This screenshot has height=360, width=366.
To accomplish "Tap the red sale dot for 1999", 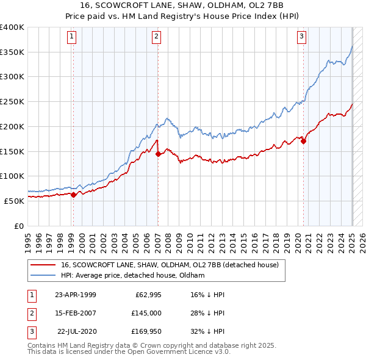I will tap(73, 195).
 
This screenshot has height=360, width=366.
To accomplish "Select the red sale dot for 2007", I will tap(158, 154).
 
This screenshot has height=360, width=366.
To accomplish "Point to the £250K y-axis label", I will tap(12, 101).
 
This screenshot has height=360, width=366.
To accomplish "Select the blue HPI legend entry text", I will tap(132, 275).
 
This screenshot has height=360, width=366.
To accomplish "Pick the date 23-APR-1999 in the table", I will tap(75, 295).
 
